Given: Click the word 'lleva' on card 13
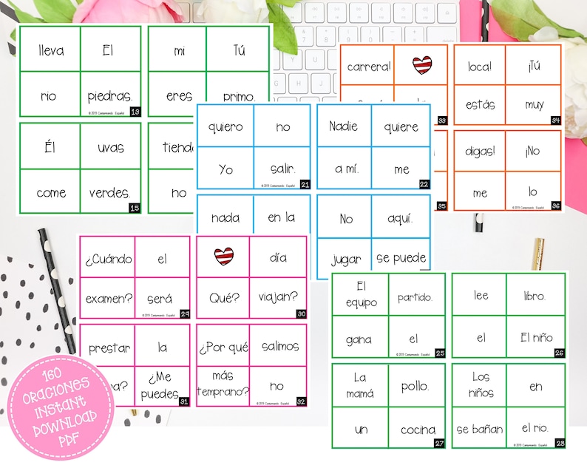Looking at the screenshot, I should (x=50, y=51).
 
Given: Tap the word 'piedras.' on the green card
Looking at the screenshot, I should (x=109, y=96).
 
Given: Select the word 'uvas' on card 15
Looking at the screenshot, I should (x=110, y=147).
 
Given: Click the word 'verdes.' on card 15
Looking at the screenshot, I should (x=110, y=193).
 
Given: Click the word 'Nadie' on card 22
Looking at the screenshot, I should (x=344, y=126).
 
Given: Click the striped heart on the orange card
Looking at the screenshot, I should (x=421, y=65).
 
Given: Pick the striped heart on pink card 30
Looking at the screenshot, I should (x=223, y=257).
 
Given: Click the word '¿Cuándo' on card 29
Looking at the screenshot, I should (x=108, y=260).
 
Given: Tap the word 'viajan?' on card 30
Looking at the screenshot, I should (x=278, y=299).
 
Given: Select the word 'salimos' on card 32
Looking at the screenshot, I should (x=279, y=346).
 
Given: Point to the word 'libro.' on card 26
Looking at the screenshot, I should (x=535, y=295).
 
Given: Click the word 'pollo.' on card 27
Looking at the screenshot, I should (x=416, y=386).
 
